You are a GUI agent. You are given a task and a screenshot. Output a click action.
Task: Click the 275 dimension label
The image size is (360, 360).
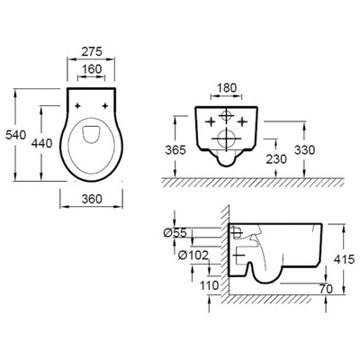(x=92, y=51)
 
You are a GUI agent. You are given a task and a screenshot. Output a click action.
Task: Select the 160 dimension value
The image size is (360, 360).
(x=92, y=69)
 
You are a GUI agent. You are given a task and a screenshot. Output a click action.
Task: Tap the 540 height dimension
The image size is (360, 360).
(x=16, y=135)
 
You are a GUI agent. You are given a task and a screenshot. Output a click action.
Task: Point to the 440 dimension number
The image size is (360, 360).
(x=42, y=143)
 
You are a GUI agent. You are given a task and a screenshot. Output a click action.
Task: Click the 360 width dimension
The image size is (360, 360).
(x=92, y=199)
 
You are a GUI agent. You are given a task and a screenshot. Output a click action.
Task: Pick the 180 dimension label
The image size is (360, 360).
(x=227, y=88)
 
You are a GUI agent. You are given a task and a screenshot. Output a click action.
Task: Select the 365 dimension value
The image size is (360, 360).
(x=175, y=150)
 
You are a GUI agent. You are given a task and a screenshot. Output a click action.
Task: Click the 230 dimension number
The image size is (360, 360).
(x=276, y=159)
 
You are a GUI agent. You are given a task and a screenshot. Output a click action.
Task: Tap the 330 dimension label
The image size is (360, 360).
(x=304, y=150)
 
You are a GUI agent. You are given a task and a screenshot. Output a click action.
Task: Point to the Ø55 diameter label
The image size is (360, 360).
(x=175, y=232)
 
